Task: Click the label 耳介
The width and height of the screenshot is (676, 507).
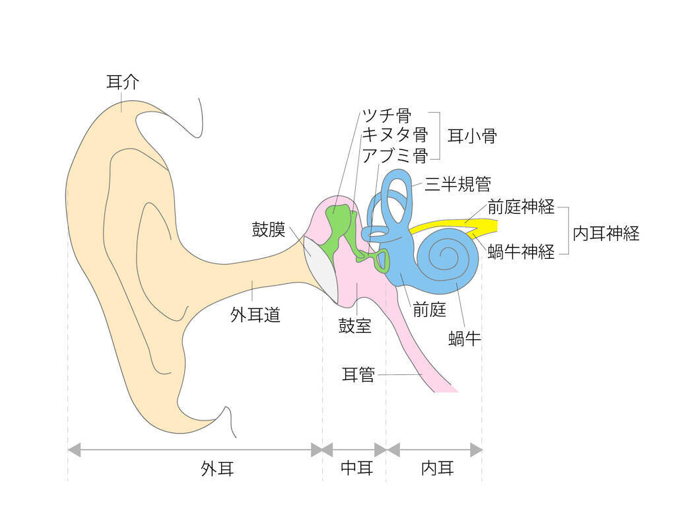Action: click(x=123, y=83)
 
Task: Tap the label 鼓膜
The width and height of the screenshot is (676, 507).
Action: click(x=269, y=230)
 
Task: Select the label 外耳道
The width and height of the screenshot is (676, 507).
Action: click(x=255, y=314)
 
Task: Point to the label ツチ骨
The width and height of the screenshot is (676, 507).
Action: click(x=386, y=116)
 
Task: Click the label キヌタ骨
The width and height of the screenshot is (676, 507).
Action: click(x=394, y=135)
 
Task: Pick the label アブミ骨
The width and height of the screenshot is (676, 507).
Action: click(x=394, y=155)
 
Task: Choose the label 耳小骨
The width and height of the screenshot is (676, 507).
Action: click(x=472, y=136)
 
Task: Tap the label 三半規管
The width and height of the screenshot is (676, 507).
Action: click(x=457, y=184)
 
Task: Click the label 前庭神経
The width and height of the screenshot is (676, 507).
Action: click(x=521, y=206)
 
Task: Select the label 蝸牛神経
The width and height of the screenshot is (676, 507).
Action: click(x=521, y=252)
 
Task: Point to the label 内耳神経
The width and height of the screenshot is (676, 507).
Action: click(x=606, y=233)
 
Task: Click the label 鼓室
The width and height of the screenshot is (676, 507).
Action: click(x=355, y=326)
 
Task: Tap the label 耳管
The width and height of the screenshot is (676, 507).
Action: click(x=358, y=375)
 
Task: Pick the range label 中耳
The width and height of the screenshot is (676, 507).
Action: click(x=356, y=469)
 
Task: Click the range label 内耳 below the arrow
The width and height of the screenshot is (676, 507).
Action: click(x=438, y=469)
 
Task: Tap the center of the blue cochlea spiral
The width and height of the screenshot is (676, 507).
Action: click(x=450, y=255)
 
